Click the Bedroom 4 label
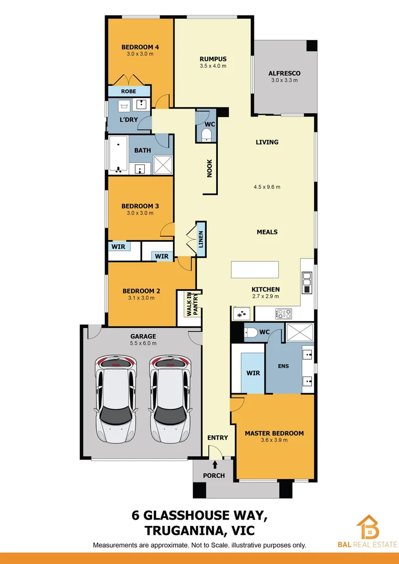[x=140, y=47]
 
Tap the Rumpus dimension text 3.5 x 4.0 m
[x=213, y=66]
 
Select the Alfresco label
[x=284, y=73]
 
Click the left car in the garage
[x=115, y=398]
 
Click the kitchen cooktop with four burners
[x=284, y=314]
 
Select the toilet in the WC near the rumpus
[x=207, y=135]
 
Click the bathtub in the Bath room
[x=119, y=155]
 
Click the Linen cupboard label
[x=201, y=240]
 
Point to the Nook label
[x=210, y=169]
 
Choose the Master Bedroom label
[x=274, y=433]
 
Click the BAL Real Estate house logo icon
[x=368, y=527]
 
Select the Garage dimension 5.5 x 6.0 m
[x=143, y=344]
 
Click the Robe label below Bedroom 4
[x=128, y=91]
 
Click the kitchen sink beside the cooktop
[x=242, y=314]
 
